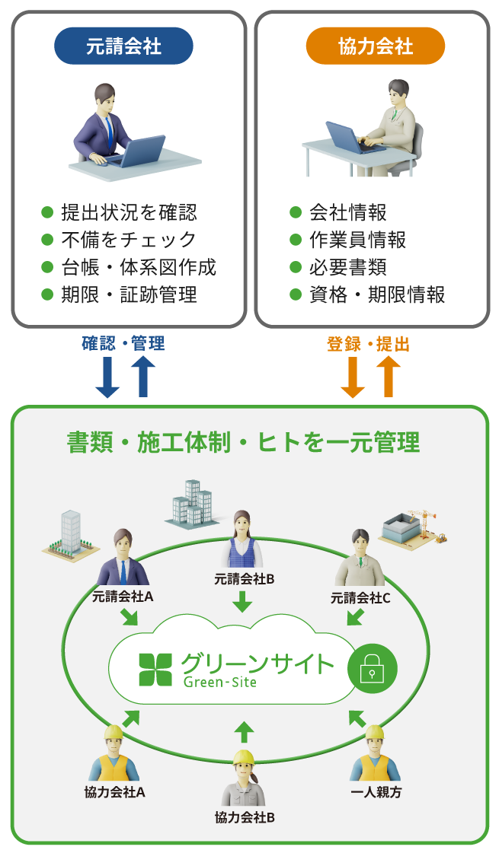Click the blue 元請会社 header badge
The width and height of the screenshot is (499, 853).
click(x=123, y=46)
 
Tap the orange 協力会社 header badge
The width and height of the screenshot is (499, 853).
click(x=376, y=46)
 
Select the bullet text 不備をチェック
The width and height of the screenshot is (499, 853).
click(x=129, y=240)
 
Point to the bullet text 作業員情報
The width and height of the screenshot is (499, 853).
click(x=358, y=240)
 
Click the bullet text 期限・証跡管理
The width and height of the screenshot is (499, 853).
click(x=129, y=294)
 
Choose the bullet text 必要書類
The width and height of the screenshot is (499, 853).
click(x=348, y=267)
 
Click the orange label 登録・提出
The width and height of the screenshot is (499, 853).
click(x=368, y=345)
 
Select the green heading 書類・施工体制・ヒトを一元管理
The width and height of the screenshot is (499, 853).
click(x=244, y=442)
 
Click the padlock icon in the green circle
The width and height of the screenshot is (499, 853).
click(x=372, y=668)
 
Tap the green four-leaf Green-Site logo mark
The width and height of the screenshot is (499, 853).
click(x=155, y=669)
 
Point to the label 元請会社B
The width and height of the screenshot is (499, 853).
click(x=244, y=579)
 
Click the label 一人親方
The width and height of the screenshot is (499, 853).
click(x=376, y=792)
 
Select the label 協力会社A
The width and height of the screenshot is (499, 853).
click(x=115, y=792)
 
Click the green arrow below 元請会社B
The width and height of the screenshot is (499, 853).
click(x=243, y=600)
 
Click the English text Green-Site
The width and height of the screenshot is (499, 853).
click(x=220, y=682)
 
